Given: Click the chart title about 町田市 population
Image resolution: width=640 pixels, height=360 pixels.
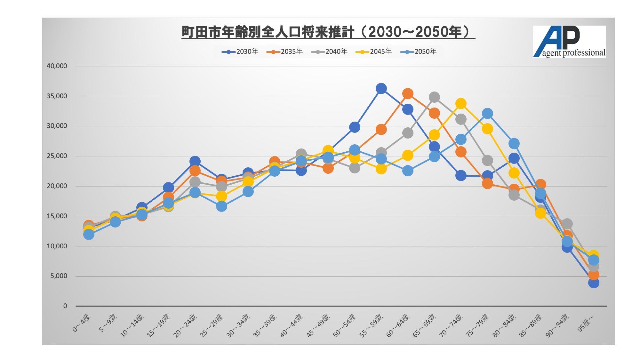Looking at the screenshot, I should (328, 32).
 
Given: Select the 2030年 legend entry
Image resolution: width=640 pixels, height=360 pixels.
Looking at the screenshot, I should (240, 52).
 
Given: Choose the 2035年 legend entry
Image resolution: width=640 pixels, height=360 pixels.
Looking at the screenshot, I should (284, 52).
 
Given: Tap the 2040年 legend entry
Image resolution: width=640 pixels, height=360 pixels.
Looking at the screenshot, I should (329, 52).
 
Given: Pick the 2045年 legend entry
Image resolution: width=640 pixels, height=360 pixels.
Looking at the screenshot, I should (374, 52).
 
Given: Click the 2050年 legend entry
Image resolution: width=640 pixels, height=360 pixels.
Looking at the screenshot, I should (419, 52).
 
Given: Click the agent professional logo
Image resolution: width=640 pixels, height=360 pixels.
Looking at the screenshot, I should (569, 42).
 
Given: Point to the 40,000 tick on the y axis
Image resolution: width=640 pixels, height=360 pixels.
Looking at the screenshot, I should (57, 66).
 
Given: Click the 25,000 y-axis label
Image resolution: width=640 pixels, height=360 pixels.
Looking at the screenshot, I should (57, 156).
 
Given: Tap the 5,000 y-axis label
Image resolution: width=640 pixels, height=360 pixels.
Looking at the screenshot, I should (59, 276).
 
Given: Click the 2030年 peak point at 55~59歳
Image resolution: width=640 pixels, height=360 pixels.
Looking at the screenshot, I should (381, 88).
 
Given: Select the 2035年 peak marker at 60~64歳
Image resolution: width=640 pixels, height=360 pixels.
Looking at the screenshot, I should (407, 94).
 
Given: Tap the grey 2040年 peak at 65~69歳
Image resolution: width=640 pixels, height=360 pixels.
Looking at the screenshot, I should (434, 97).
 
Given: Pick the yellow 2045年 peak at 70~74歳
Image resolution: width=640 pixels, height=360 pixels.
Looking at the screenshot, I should (461, 103).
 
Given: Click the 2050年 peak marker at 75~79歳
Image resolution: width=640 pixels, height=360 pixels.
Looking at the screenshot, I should (487, 113).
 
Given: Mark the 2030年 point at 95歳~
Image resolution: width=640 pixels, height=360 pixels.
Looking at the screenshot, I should (594, 283).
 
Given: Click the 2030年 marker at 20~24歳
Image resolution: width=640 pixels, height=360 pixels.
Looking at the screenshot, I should (195, 161).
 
